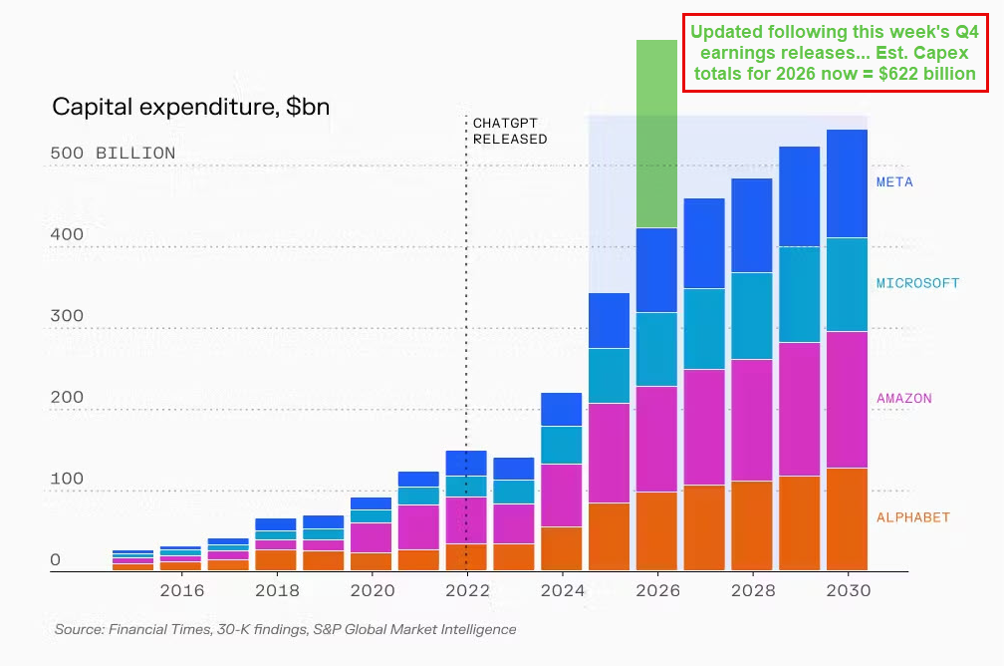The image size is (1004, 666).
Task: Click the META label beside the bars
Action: (x=894, y=182)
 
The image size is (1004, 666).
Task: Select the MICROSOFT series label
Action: (x=917, y=283)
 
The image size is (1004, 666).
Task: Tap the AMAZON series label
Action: (x=903, y=399)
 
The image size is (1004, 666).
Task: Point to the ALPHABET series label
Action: (x=912, y=517)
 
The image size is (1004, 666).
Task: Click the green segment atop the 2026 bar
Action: (x=656, y=134)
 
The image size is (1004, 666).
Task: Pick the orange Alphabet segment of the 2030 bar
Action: (x=847, y=518)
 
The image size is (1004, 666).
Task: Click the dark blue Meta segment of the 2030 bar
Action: (x=847, y=183)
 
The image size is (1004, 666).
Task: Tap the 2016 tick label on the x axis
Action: (x=181, y=591)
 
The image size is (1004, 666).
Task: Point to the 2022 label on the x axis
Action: (x=467, y=591)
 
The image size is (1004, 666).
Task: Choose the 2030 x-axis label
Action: (x=848, y=591)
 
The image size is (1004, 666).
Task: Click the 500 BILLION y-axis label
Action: (x=113, y=154)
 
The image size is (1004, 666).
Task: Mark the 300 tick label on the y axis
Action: (x=67, y=316)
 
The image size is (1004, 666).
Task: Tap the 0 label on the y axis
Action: (x=56, y=560)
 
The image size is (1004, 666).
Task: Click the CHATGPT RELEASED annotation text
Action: (x=509, y=131)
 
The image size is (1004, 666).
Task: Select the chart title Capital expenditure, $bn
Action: (x=190, y=107)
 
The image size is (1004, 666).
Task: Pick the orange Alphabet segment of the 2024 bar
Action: (x=561, y=548)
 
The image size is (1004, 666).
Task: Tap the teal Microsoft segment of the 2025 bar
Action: (x=609, y=376)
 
